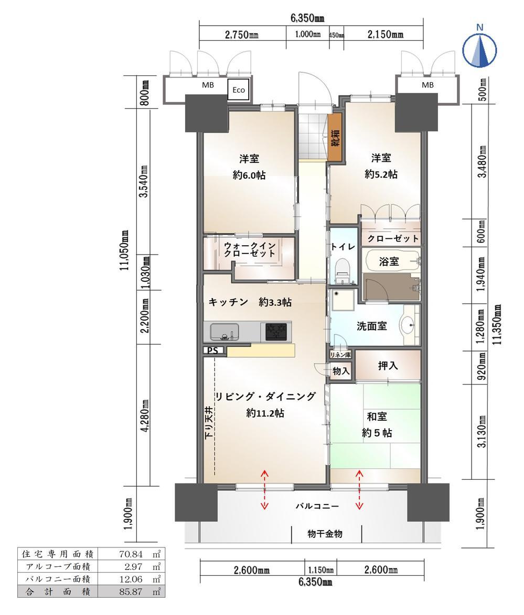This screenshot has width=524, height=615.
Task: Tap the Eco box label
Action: click(x=239, y=90)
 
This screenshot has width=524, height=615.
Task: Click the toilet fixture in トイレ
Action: click(x=342, y=269)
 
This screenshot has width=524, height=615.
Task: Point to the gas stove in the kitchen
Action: click(x=276, y=332)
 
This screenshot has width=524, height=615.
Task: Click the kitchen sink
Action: click(x=224, y=332)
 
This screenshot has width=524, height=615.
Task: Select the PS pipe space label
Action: click(x=212, y=350)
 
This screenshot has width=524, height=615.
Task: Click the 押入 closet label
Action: click(x=388, y=366)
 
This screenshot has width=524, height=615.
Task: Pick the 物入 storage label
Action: click(x=340, y=370)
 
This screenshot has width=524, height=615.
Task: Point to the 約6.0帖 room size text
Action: click(x=249, y=175)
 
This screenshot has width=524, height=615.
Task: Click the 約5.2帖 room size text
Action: click(x=381, y=174)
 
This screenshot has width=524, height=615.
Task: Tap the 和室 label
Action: click(x=376, y=416)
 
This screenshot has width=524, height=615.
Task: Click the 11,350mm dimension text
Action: click(x=498, y=324)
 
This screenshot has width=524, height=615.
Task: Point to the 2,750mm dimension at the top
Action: click(x=242, y=35)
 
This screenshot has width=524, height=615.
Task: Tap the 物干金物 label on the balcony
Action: click(x=325, y=533)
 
